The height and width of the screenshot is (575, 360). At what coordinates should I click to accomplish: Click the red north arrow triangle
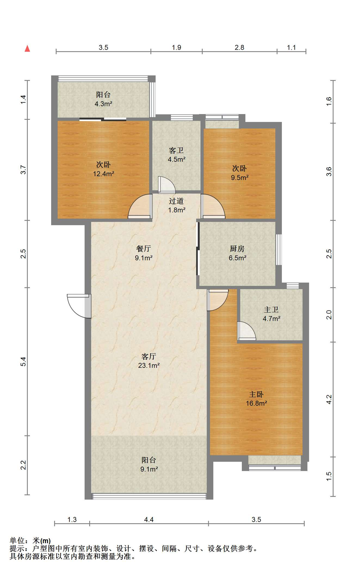click(27, 48)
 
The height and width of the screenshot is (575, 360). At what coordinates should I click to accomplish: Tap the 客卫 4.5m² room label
click(176, 155)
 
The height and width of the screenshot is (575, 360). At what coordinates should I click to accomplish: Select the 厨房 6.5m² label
click(237, 253)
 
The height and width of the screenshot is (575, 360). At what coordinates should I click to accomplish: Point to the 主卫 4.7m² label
click(271, 314)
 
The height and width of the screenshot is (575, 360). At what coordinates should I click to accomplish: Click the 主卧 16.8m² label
click(256, 399)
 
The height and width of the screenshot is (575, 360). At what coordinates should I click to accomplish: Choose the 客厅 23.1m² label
click(149, 361)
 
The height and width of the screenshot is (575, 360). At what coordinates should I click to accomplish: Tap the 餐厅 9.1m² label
click(144, 253)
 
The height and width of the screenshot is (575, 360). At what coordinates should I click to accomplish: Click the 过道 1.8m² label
click(177, 205)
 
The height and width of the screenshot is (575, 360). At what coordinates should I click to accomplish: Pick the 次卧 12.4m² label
click(103, 169)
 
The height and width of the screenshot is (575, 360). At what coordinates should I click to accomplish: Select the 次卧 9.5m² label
click(240, 173)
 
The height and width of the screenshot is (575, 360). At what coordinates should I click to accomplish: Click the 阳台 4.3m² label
click(103, 99)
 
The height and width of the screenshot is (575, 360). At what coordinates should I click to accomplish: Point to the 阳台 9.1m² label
click(149, 464)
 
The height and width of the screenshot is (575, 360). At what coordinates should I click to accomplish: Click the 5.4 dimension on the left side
click(23, 361)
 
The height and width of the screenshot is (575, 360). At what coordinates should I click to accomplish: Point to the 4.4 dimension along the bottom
click(149, 520)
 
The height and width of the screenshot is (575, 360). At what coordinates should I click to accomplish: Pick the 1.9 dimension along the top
click(177, 47)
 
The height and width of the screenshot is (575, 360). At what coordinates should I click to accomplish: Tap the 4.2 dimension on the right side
click(329, 400)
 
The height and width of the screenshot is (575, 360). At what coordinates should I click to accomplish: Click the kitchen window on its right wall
click(279, 249)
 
